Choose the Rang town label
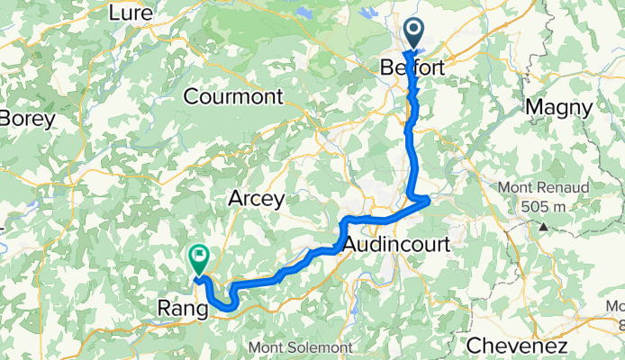180,309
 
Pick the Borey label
27,118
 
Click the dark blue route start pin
415,34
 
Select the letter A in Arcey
236,198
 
